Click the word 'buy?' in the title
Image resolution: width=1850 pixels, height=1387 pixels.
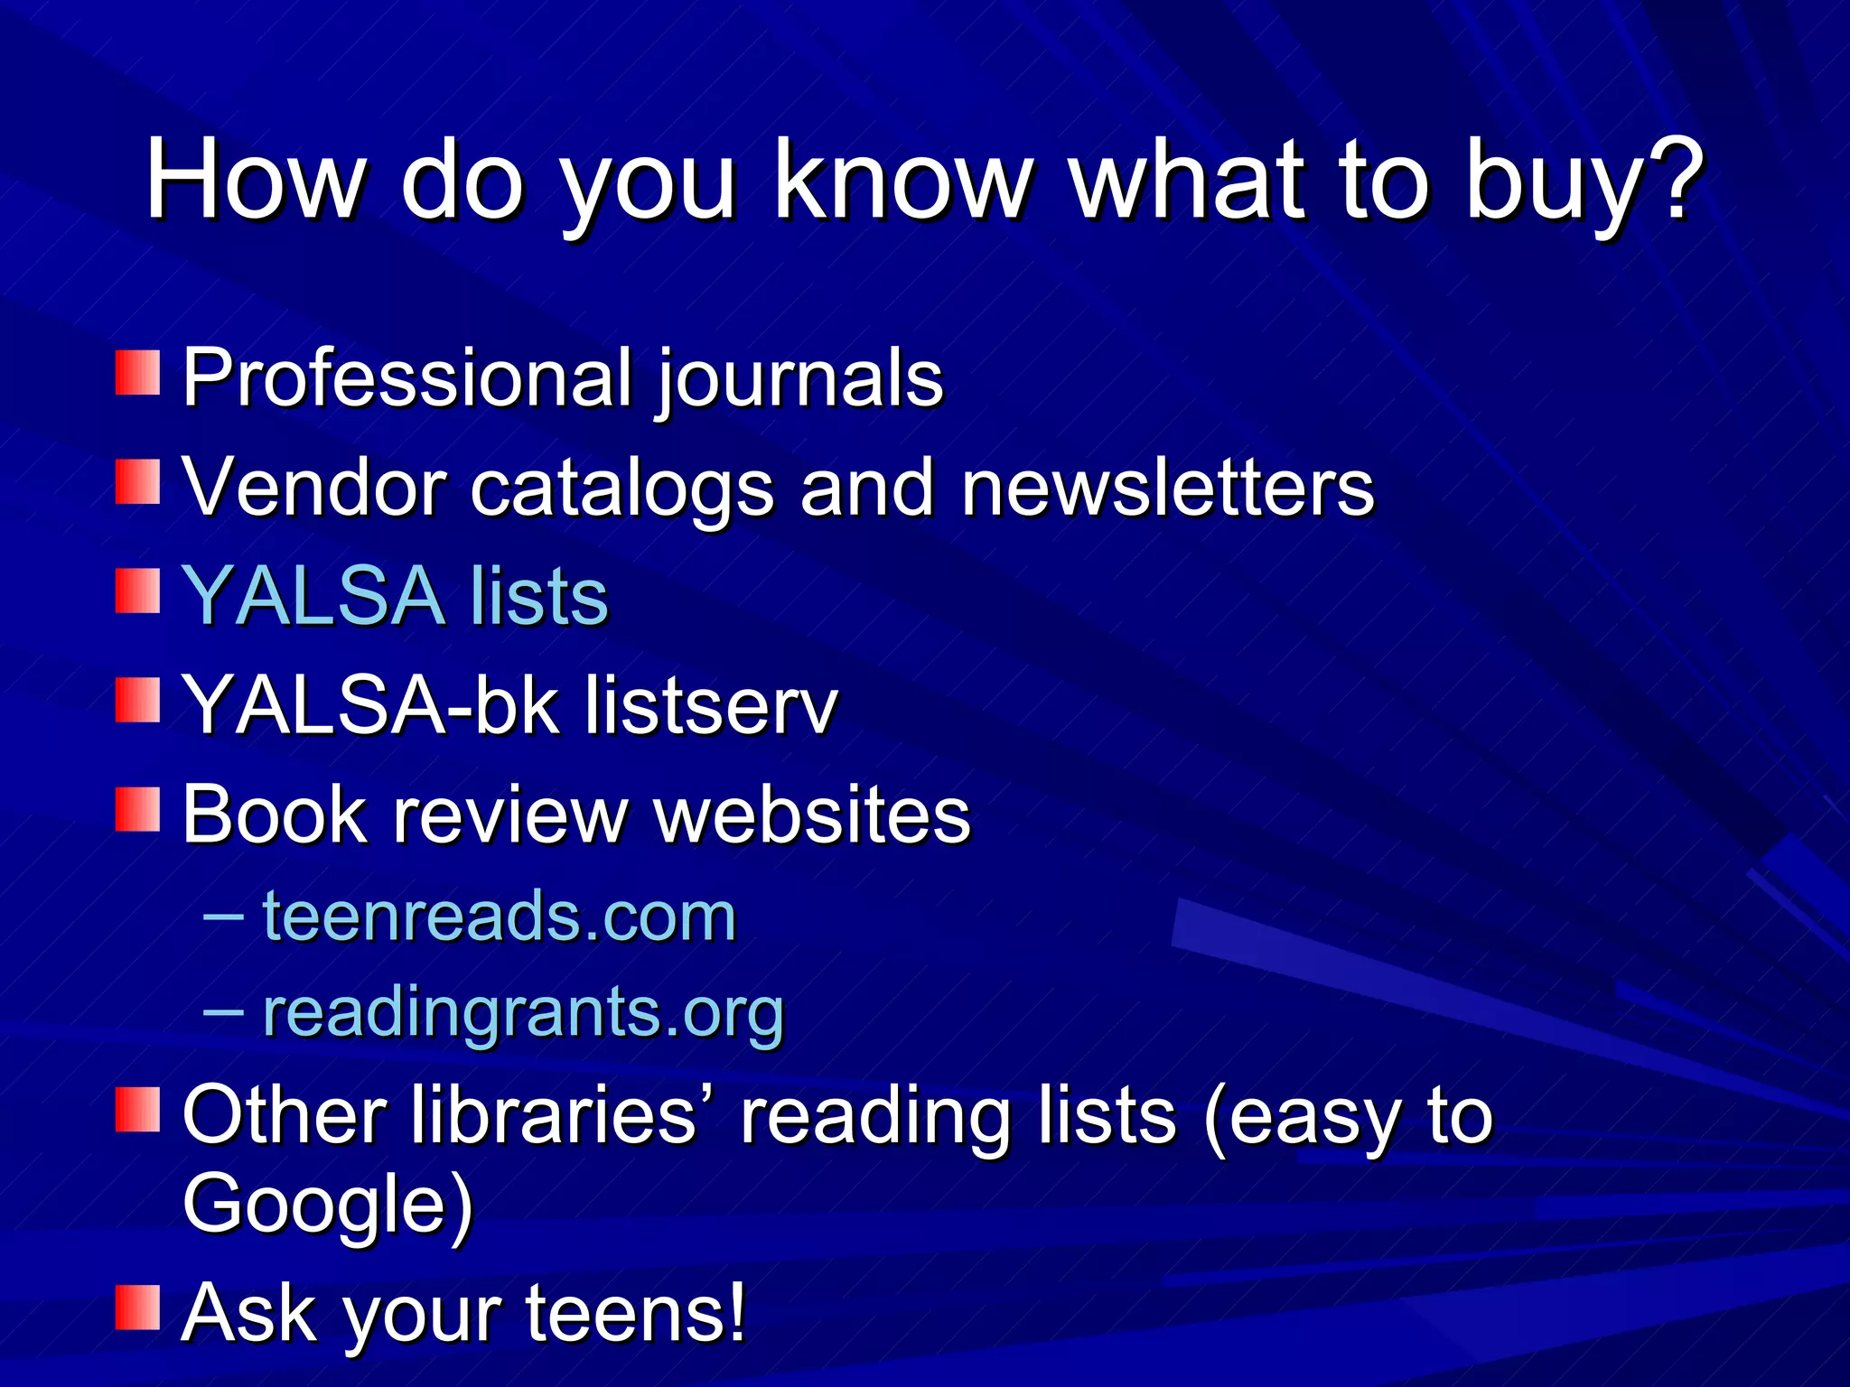1583,181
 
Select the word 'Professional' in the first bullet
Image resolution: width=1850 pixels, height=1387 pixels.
407,377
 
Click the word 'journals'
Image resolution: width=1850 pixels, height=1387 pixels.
799,379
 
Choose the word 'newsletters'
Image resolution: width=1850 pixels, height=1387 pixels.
1167,488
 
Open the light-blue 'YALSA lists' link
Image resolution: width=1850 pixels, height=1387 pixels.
396,596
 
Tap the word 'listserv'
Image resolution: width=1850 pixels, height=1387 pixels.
712,705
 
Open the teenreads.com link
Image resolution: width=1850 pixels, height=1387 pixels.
500,917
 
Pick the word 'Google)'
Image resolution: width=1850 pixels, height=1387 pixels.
327,1205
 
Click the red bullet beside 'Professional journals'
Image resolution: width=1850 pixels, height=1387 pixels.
137,373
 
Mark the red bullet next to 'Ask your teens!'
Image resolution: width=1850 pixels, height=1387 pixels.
137,1308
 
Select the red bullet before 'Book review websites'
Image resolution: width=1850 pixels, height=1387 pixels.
137,810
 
